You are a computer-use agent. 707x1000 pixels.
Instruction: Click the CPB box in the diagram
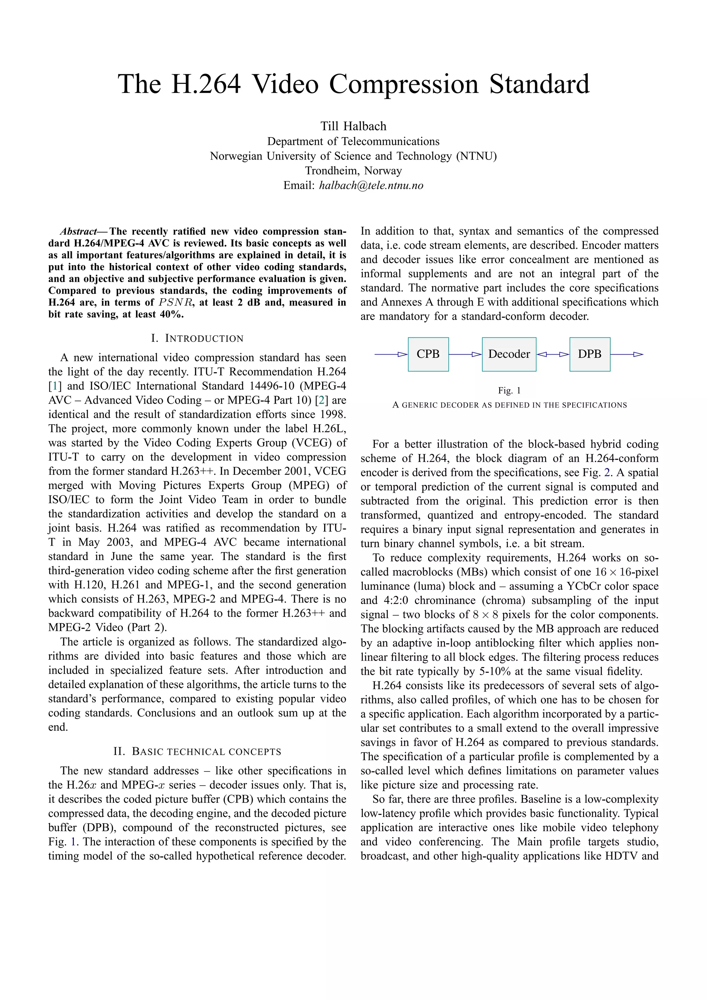428,354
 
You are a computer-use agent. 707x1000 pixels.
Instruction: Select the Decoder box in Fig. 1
509,354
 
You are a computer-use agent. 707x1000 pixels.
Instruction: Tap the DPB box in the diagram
590,354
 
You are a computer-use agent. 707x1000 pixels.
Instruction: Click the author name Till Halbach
353,126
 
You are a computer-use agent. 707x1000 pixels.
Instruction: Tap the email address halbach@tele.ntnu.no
371,185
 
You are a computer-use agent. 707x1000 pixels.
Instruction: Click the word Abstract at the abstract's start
78,231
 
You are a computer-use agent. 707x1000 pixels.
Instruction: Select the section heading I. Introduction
197,338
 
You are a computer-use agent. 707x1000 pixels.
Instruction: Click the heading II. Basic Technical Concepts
197,752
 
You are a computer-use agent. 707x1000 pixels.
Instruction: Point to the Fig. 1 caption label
509,391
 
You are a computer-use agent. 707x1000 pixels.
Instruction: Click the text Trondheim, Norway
353,171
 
